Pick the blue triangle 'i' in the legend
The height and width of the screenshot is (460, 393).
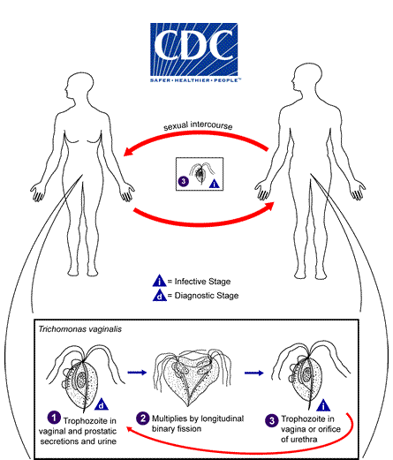[159, 281]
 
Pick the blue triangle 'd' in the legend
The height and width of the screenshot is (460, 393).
[159, 296]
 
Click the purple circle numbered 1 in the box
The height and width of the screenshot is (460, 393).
[54, 417]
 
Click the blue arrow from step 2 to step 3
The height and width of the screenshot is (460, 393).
[257, 374]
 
